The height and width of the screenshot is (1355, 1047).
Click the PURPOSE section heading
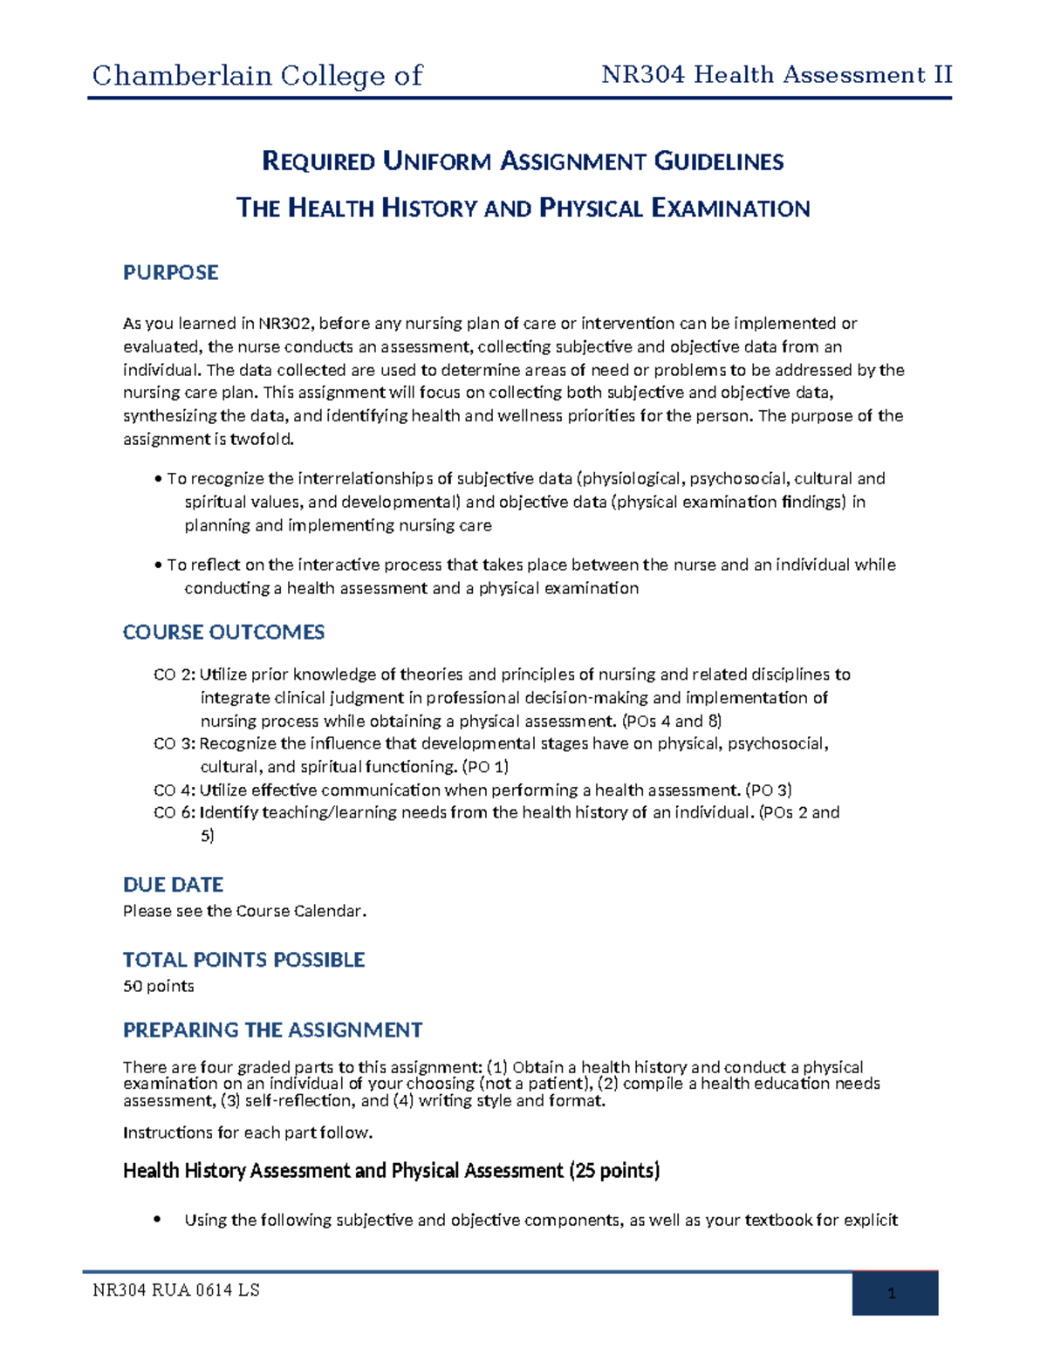(x=170, y=273)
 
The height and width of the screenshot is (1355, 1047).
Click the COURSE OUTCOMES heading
(x=223, y=633)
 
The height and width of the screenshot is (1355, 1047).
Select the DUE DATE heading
(x=173, y=885)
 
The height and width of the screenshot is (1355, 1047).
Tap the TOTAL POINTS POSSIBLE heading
(x=243, y=960)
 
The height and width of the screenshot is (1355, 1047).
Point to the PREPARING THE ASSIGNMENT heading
(x=272, y=1030)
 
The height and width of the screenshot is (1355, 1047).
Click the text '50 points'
(x=158, y=987)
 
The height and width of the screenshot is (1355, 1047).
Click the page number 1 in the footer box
(x=891, y=1294)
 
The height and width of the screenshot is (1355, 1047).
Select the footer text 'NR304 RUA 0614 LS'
(x=175, y=1290)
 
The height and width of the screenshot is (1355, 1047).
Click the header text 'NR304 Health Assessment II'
(x=777, y=75)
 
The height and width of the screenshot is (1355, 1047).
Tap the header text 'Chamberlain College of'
(x=257, y=76)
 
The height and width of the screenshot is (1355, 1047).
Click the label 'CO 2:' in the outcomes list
(x=174, y=674)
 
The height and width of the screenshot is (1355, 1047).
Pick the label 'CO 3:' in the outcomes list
(x=174, y=744)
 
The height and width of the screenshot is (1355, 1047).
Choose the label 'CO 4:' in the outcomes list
(x=174, y=790)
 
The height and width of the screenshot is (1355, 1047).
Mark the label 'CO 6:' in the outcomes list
(x=174, y=813)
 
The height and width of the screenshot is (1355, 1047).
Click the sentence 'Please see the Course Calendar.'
(x=244, y=911)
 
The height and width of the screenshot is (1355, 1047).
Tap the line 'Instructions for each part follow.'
(x=248, y=1133)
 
